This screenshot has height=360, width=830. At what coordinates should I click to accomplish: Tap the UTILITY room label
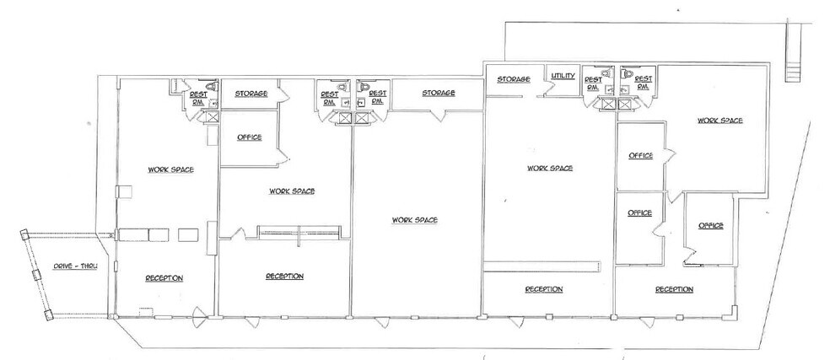[x=563, y=77]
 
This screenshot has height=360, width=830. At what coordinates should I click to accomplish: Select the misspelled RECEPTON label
[x=164, y=277]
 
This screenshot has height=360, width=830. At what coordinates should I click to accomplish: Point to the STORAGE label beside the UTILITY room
[x=513, y=79]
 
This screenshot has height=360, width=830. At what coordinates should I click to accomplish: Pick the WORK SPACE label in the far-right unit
[x=720, y=121]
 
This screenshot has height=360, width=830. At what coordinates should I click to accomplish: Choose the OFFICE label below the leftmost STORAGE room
[x=249, y=137]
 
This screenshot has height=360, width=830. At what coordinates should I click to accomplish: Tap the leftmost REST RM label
[x=198, y=97]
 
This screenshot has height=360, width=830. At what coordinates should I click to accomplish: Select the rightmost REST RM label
[x=643, y=83]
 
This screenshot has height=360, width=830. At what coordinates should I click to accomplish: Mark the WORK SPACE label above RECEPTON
[x=171, y=169]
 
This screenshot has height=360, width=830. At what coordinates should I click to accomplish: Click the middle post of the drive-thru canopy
[x=35, y=274]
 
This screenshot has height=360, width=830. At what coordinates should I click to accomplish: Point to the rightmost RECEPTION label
[x=674, y=289]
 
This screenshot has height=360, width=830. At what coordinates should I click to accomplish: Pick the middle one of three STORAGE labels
[x=439, y=92]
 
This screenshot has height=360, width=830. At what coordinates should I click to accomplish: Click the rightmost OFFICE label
[x=711, y=225]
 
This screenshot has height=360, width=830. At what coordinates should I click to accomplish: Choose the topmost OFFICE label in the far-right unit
[x=640, y=155]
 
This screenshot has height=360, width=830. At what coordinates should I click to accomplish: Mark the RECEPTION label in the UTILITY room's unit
[x=543, y=289]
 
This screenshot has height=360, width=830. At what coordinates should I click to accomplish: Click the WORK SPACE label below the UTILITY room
[x=550, y=168]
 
